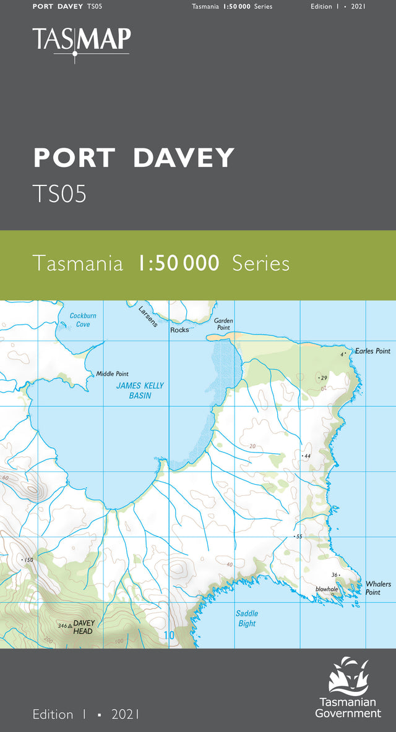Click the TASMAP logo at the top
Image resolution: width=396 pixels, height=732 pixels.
[82, 40]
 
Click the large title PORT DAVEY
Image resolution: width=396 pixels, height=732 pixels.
[134, 158]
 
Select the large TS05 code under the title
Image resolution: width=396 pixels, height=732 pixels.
[59, 194]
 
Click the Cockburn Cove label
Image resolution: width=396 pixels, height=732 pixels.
[83, 320]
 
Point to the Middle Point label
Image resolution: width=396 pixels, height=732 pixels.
[112, 374]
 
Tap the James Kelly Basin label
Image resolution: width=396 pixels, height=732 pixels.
[140, 390]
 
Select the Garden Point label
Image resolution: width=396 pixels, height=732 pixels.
[223, 324]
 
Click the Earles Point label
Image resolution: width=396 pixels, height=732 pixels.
[372, 351]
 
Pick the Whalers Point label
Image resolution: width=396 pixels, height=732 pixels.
[377, 588]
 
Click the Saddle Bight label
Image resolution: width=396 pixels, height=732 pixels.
[247, 618]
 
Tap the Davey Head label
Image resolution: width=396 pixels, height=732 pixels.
[83, 627]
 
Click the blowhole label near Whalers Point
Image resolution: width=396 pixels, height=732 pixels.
[326, 589]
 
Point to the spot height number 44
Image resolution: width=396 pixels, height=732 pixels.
[307, 456]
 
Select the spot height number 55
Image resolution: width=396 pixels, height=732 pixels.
[299, 537]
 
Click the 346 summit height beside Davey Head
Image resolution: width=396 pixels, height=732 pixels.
[62, 626]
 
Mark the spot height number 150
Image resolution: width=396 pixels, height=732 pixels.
[28, 560]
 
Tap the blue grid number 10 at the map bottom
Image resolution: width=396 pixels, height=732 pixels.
[170, 635]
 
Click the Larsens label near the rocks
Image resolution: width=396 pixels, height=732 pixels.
[148, 315]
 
